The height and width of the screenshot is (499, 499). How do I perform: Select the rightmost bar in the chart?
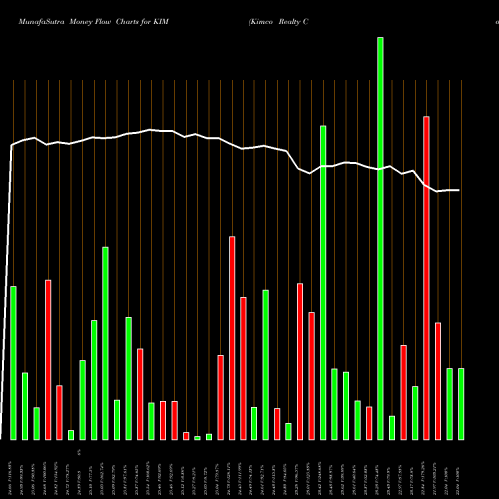(x=461, y=403)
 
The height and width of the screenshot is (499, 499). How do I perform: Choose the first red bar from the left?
(x=48, y=359)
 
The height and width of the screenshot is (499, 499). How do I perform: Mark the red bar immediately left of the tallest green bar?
(x=369, y=423)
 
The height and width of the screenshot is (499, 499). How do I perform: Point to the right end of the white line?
(x=459, y=190)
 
